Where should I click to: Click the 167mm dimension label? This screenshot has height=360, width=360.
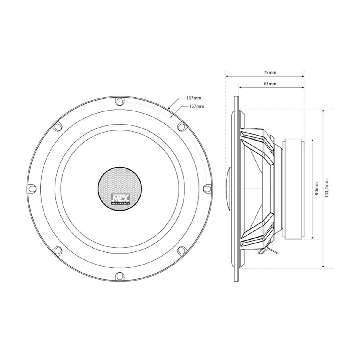coord(192,98)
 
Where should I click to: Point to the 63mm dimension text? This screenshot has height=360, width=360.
coord(270,84)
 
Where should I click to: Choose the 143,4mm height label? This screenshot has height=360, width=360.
coord(326,189)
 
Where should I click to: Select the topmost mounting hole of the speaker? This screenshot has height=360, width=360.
coord(120,101)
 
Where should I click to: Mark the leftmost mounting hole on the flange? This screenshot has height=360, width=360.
coord(32,188)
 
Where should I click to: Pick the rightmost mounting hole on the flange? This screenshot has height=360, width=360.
coord(207,188)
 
